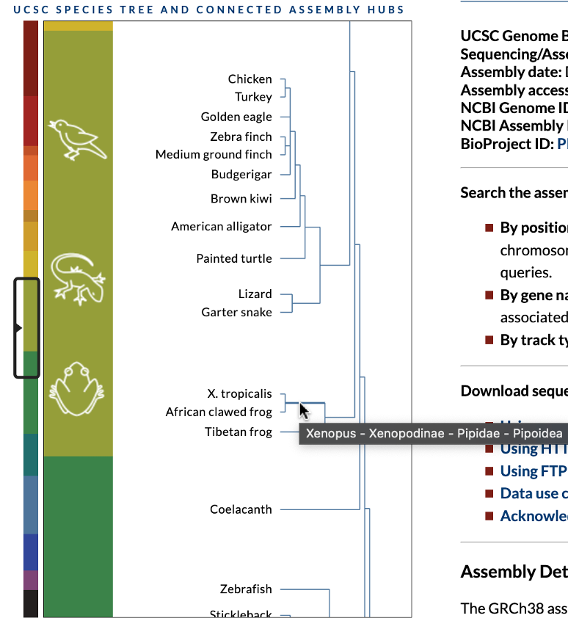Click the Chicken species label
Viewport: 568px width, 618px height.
(x=250, y=79)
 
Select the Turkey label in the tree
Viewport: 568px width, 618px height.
(x=253, y=97)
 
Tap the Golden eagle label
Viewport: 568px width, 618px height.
(x=236, y=117)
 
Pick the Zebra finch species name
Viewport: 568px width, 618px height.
(x=241, y=137)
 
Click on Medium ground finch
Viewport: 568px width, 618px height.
(x=214, y=154)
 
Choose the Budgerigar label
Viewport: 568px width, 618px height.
(x=241, y=175)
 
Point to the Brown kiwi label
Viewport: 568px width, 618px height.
(x=241, y=199)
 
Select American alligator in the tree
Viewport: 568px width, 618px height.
(x=221, y=227)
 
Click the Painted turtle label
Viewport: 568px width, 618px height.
(x=233, y=258)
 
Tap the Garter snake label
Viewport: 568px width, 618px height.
(x=236, y=313)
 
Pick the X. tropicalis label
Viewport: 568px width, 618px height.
(x=239, y=394)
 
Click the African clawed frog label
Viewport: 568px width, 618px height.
(x=219, y=412)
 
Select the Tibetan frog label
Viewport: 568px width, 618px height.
(x=238, y=432)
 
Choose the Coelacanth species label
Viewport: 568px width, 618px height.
(x=241, y=489)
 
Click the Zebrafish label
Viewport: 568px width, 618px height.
(x=245, y=589)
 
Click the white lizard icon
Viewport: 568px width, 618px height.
(x=79, y=278)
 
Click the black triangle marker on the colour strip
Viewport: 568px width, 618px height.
(x=19, y=328)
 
